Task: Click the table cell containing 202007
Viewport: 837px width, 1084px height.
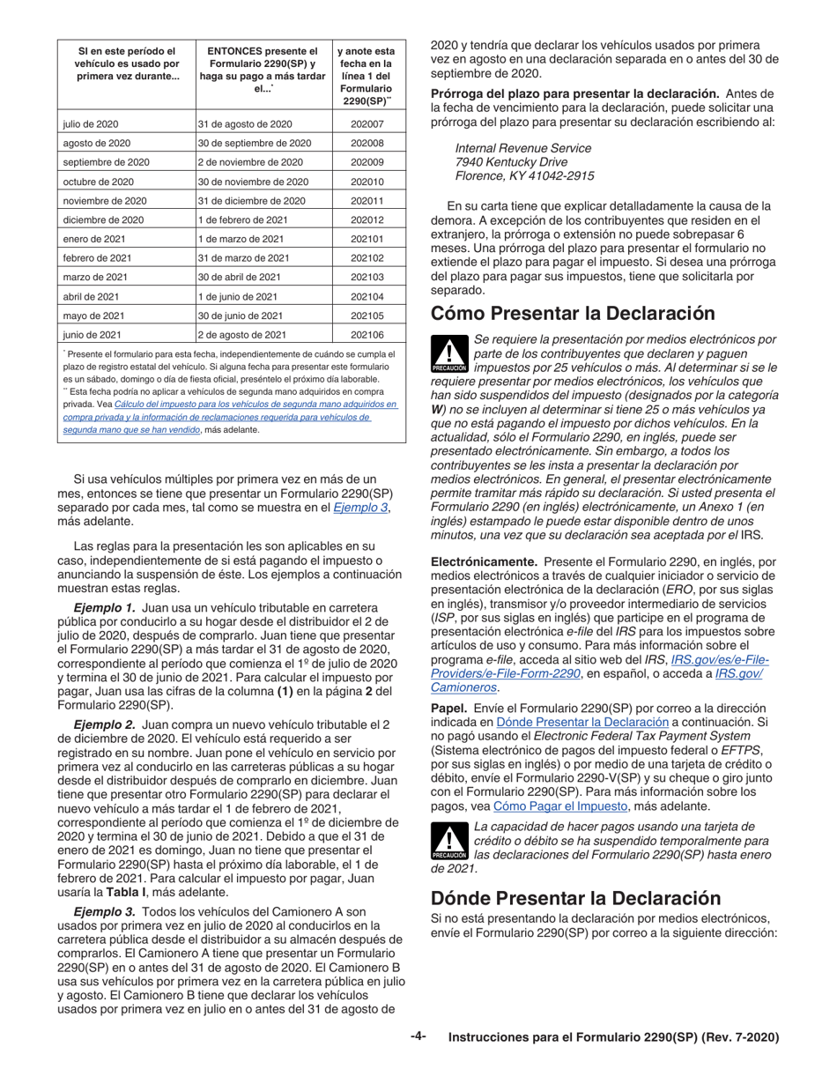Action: pos(367,124)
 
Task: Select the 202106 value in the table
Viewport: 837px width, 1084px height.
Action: pos(367,335)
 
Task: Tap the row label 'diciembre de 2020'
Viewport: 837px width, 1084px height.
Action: pos(102,220)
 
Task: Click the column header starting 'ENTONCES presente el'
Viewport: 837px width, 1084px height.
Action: pos(262,70)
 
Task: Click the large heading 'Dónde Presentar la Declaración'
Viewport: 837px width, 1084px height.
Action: pos(575,898)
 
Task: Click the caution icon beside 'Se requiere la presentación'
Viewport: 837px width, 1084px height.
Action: pos(449,355)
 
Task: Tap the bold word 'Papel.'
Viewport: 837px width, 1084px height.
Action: pos(448,709)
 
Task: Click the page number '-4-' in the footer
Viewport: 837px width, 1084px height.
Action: pos(418,1037)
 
